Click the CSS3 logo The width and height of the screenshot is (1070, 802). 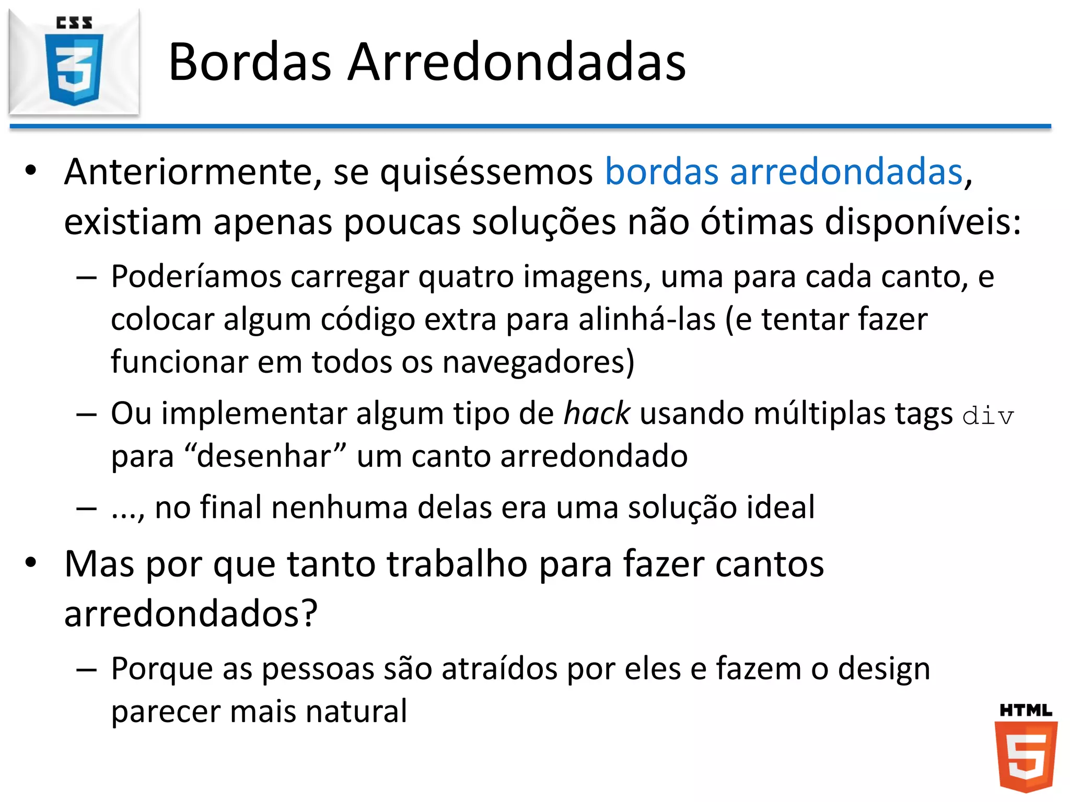(74, 62)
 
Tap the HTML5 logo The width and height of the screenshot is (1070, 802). (1026, 749)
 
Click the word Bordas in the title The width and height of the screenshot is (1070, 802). (250, 62)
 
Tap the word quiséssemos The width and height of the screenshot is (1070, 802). (486, 172)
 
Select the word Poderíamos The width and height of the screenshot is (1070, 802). (196, 277)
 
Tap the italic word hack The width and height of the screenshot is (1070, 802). (597, 414)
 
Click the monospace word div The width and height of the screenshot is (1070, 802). (988, 416)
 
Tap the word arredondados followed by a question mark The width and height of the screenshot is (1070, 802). (190, 614)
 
